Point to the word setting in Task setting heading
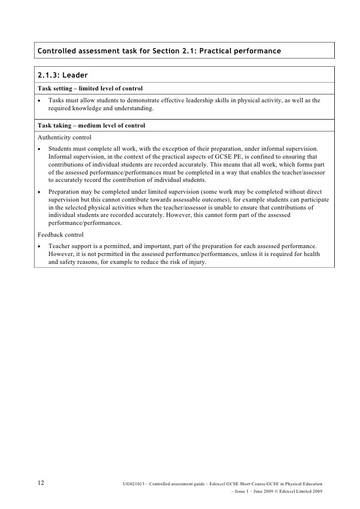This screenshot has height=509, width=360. (65, 88)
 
